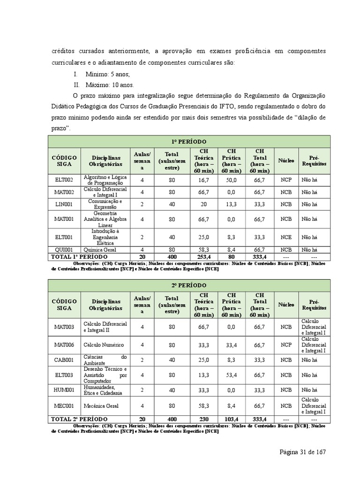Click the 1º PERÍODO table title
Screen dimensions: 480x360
point(189,142)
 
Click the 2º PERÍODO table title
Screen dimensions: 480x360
point(189,285)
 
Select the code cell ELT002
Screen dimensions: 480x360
point(64,180)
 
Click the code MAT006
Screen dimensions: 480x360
point(64,345)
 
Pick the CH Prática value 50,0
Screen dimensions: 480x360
point(232,180)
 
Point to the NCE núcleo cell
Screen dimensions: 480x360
point(286,237)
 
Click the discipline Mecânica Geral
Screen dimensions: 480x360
point(101,405)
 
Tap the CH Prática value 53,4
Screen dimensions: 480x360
point(232,375)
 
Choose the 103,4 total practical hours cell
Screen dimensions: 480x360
point(232,419)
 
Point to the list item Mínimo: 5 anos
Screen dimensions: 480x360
point(108,74)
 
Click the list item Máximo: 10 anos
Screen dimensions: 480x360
point(110,85)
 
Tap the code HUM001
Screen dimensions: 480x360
point(64,390)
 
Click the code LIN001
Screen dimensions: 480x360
point(64,204)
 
